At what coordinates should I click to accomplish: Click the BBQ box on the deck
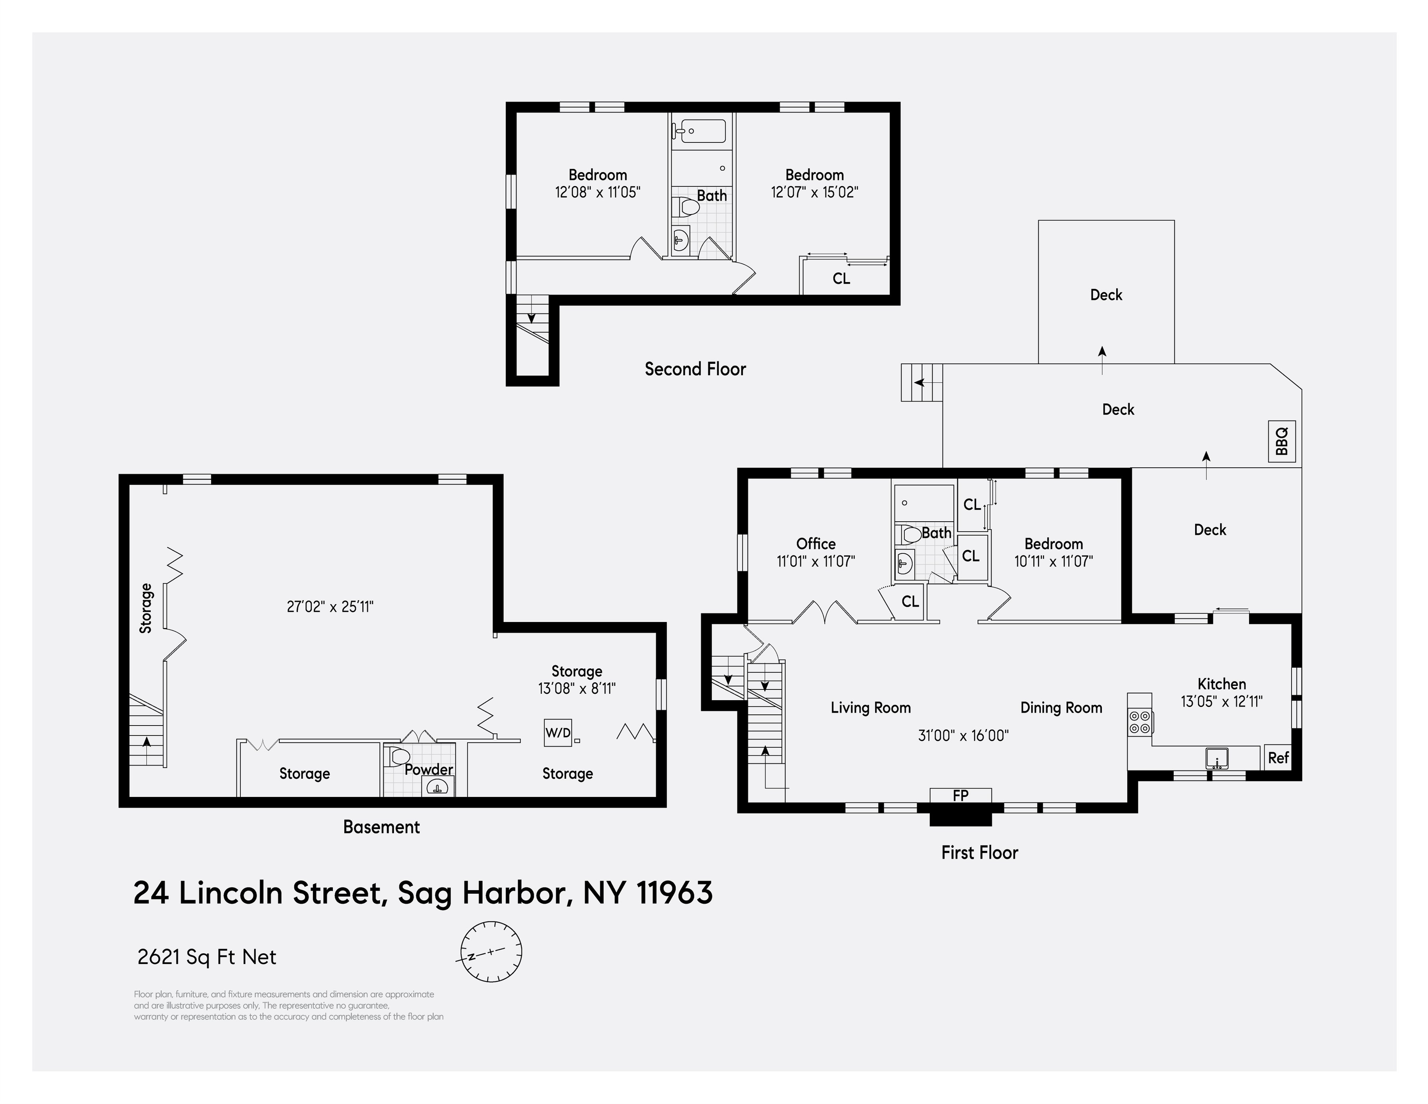point(1282,442)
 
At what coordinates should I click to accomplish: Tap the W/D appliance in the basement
point(558,733)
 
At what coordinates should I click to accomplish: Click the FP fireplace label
point(960,795)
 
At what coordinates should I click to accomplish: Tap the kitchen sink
point(1217,758)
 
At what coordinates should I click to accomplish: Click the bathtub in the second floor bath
point(700,131)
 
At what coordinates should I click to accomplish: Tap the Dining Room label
point(1061,708)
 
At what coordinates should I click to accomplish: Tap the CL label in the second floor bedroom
point(841,278)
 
